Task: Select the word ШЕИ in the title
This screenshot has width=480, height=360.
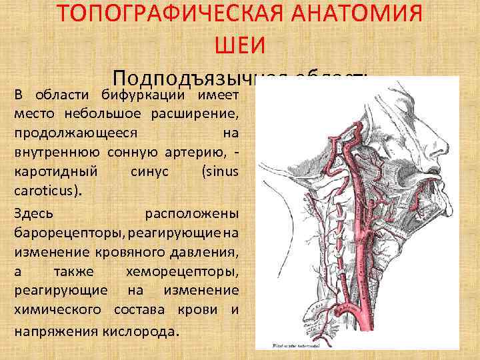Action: pos(240,45)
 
